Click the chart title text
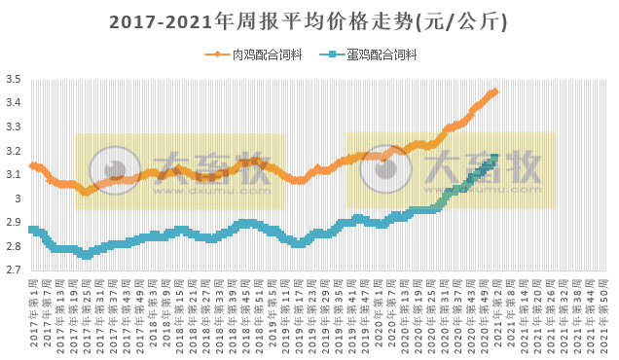(x=309, y=20)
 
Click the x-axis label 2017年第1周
(x=33, y=313)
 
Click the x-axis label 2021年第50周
(x=605, y=313)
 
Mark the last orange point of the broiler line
(x=495, y=91)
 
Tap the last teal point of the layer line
(x=495, y=157)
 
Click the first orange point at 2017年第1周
(x=32, y=165)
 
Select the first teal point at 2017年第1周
(x=32, y=230)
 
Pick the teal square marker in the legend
(x=333, y=54)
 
